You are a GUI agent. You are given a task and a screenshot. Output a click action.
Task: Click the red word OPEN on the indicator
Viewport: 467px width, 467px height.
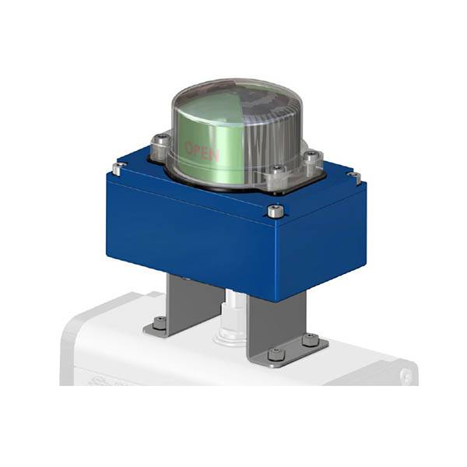201,150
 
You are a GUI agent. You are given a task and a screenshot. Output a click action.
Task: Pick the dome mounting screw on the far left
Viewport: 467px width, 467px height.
160,142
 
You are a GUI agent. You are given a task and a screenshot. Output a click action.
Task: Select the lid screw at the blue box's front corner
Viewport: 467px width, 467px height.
272,210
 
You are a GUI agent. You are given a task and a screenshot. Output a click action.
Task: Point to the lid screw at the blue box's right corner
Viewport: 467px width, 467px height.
355,177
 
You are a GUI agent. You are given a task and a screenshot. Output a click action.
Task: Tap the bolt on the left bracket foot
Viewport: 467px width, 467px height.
158,321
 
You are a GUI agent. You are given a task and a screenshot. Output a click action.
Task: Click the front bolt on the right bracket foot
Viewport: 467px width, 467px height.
275,354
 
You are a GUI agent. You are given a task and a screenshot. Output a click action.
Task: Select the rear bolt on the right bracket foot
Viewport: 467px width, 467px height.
310,339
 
